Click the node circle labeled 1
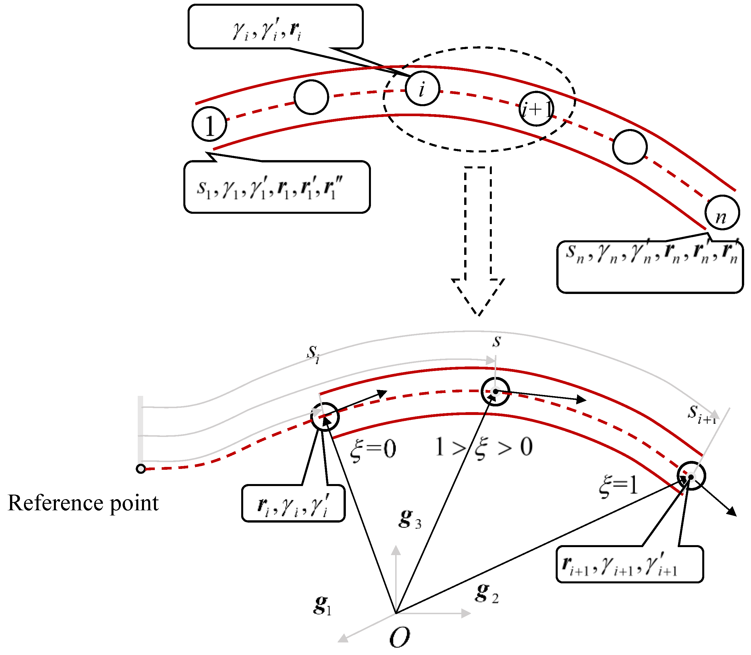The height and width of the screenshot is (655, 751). click(209, 124)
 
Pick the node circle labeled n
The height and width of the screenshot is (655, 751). click(722, 212)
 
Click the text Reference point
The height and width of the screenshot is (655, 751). click(83, 503)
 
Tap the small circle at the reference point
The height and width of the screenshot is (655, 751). click(141, 469)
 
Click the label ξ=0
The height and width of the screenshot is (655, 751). click(373, 449)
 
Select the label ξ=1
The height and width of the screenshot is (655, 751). click(618, 486)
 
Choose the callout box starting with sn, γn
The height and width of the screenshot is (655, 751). click(650, 267)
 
